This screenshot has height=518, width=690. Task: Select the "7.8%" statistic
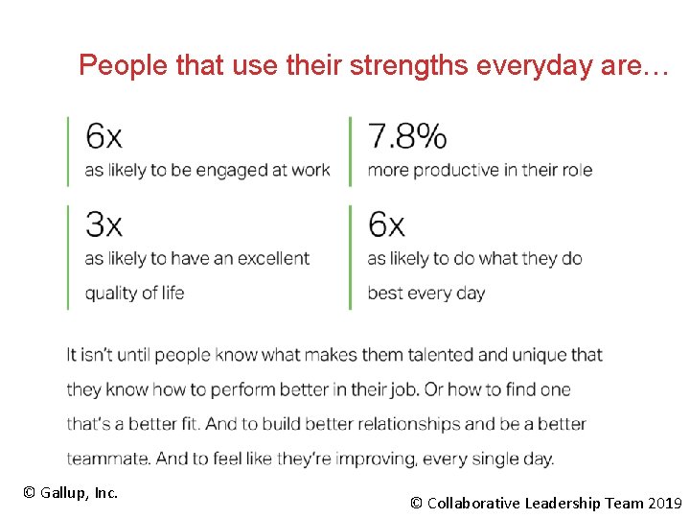click(x=407, y=137)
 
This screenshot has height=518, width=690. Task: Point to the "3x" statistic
click(x=103, y=224)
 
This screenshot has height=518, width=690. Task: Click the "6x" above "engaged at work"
click(x=103, y=137)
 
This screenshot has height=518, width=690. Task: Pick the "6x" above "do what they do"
click(x=386, y=224)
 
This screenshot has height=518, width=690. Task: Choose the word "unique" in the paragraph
click(x=539, y=355)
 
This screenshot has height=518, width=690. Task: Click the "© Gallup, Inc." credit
click(x=70, y=493)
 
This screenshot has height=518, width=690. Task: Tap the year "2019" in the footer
click(x=665, y=503)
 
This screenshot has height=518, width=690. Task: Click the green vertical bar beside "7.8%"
click(x=350, y=151)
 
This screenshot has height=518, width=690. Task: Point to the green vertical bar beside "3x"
click(x=67, y=256)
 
